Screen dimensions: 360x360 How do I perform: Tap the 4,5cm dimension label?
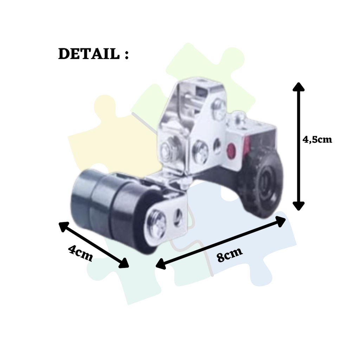(317, 140)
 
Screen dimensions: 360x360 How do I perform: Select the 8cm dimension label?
(230, 255)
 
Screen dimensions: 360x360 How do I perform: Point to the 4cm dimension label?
(81, 253)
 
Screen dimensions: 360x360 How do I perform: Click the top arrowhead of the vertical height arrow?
(298, 86)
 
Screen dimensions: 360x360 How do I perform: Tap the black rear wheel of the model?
(262, 183)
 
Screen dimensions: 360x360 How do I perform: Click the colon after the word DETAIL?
(126, 54)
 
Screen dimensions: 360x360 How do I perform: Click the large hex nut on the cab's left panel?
(166, 149)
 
